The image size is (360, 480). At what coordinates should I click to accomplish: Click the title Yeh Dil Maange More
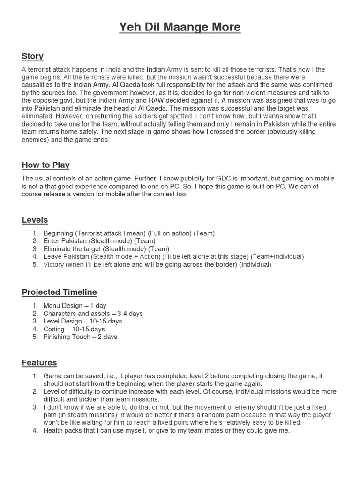tap(180, 28)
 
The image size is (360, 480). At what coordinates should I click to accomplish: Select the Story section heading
tap(32, 56)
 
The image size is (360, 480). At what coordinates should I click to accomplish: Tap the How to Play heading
tap(45, 165)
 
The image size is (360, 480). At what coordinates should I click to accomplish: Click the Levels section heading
tap(35, 220)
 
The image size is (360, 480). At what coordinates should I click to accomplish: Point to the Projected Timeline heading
tap(59, 292)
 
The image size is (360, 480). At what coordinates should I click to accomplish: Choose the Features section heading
tap(39, 362)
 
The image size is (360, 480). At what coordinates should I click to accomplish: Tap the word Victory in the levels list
tap(53, 264)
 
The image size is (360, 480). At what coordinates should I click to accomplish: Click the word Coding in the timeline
tap(54, 329)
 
